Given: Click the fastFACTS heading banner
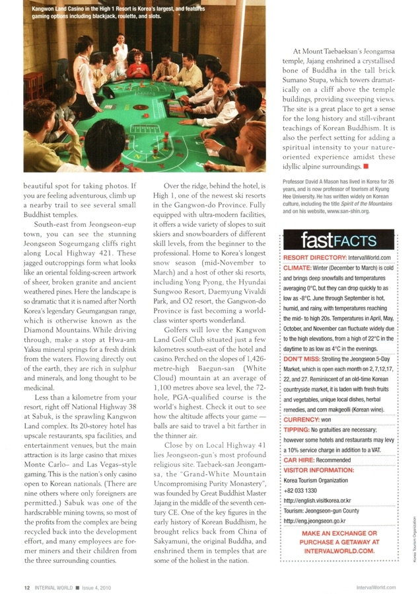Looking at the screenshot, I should (337, 239).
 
